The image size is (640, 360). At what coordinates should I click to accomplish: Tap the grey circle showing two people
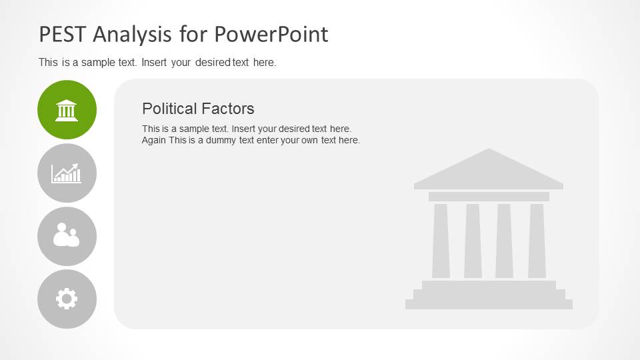pos(67,236)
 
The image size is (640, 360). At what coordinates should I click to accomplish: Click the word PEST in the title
pos(63,34)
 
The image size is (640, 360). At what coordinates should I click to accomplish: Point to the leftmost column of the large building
pos(441,241)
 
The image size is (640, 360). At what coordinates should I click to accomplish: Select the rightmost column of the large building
pos(537,241)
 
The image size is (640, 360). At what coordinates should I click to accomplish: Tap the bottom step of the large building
pos(489,305)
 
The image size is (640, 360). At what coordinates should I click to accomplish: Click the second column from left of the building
pos(473,241)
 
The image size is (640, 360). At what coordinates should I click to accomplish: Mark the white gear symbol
pos(67,299)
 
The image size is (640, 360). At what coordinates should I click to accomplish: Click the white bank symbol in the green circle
pos(67,110)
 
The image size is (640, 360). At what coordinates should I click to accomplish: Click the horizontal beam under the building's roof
pos(489,197)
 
